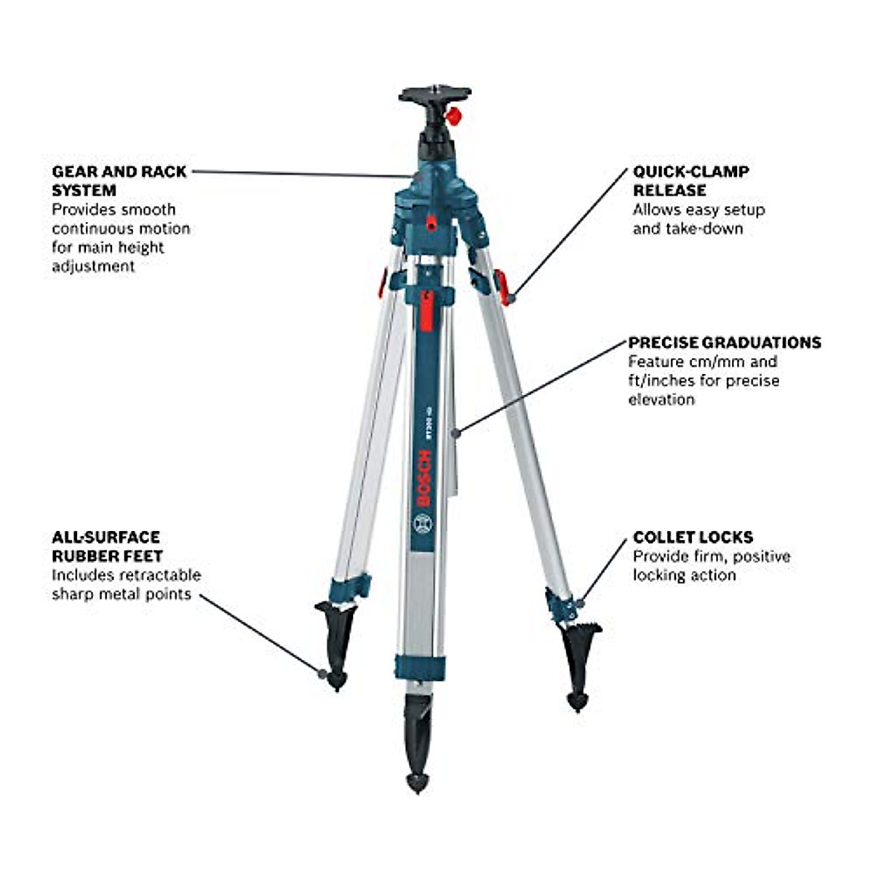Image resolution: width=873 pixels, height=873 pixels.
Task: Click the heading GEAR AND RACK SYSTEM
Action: point(119,180)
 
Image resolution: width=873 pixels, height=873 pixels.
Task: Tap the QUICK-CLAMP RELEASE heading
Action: point(690,180)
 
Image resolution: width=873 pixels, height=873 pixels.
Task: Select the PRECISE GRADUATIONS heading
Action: point(725,343)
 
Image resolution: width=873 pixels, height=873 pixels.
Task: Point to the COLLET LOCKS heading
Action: point(693,538)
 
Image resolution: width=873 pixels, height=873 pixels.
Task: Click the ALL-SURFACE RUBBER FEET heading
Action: point(107,546)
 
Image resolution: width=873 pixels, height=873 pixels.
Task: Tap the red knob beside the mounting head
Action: point(455,115)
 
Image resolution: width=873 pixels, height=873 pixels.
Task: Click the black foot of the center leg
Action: point(418,749)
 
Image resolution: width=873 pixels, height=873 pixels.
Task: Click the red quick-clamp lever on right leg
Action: point(501,286)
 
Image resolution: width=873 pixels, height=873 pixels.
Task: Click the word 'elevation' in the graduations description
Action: point(661,399)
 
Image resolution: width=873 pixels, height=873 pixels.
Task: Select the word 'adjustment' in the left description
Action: point(93,266)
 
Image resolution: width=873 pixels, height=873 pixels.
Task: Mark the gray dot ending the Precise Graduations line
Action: point(456,433)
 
